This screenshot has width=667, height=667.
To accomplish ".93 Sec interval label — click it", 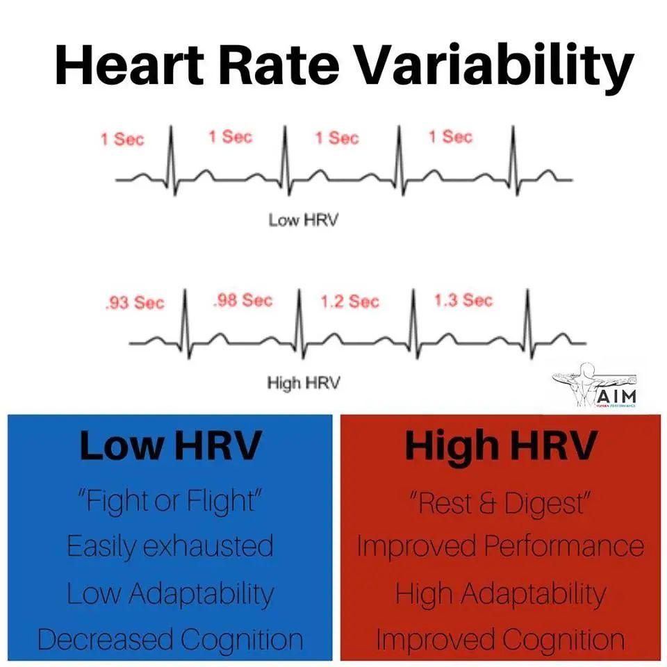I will pyautogui.click(x=135, y=303).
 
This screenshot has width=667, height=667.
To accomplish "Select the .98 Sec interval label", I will pyautogui.click(x=242, y=301).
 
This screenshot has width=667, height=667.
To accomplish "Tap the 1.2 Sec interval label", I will pyautogui.click(x=349, y=301).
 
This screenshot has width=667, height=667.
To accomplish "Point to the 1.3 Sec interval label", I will pyautogui.click(x=463, y=300).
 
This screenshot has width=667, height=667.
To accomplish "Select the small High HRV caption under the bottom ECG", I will pyautogui.click(x=304, y=383).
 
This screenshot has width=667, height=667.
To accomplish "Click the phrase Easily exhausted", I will pyautogui.click(x=171, y=547).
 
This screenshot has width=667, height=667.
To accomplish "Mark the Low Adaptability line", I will pyautogui.click(x=171, y=594).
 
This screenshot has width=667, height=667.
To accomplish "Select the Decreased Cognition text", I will pyautogui.click(x=171, y=639).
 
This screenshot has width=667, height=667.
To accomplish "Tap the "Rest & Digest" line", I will pyautogui.click(x=500, y=503).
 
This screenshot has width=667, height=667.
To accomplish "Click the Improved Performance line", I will pyautogui.click(x=500, y=547).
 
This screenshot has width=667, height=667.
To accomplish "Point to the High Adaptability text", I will pyautogui.click(x=500, y=594).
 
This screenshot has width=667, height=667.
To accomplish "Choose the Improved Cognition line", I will pyautogui.click(x=500, y=639).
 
